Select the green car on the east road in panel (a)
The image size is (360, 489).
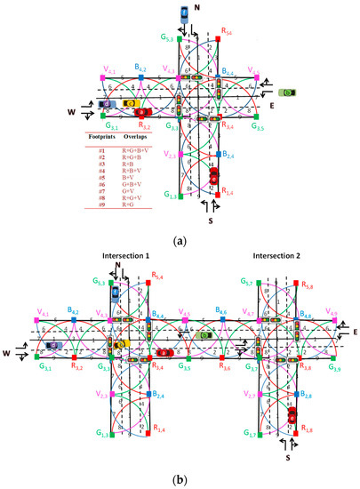[291, 92]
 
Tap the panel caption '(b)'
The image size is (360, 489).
[180, 479]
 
